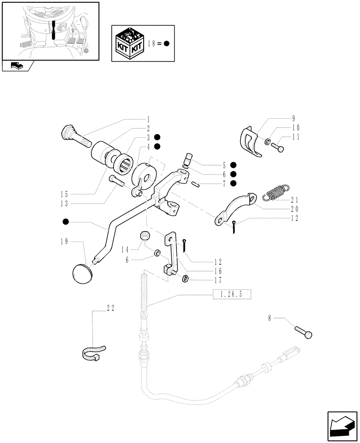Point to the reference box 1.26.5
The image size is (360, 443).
coord(232,294)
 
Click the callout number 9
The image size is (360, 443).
coord(293,118)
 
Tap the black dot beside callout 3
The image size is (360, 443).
coord(157,137)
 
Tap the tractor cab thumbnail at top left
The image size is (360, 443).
coord(50,30)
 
